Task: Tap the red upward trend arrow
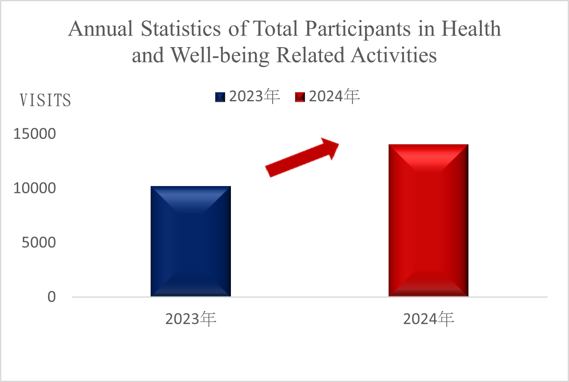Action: (302, 158)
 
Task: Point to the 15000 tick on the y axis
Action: (35, 134)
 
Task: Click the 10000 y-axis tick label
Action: (35, 188)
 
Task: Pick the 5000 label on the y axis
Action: (38, 242)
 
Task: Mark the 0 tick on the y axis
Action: (51, 296)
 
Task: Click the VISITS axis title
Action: (46, 100)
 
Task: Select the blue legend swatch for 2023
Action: (220, 97)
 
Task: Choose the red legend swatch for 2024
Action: (300, 97)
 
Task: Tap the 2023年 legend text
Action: (254, 96)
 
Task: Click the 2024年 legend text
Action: (334, 96)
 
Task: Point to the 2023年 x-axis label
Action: (191, 319)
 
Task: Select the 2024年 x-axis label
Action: (428, 319)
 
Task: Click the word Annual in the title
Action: (101, 29)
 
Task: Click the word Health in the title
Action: (471, 29)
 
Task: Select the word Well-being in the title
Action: (220, 55)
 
